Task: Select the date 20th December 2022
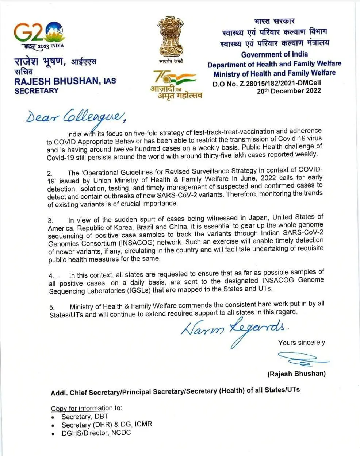coord(289,91)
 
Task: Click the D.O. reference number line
coord(267,83)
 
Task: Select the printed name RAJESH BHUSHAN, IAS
coord(65,81)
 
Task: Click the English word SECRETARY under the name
coord(37,91)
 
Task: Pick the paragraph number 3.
coord(50,220)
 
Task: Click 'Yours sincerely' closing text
coord(302,343)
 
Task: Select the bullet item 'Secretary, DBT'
coord(85,417)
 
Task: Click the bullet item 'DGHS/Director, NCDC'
coord(96,433)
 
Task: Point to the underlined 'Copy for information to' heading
coord(87,408)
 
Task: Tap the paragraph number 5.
coord(52,307)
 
